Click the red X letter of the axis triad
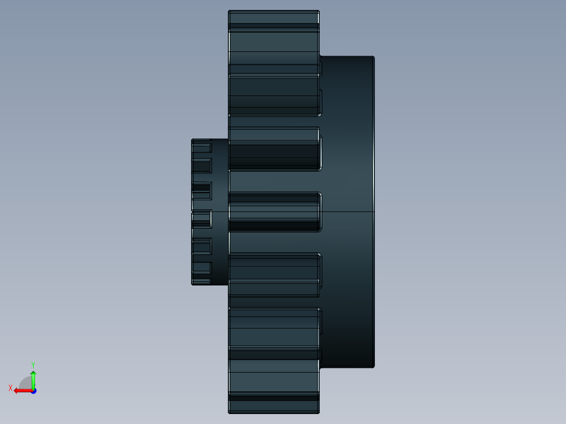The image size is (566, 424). click(x=11, y=388)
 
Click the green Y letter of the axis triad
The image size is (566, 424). click(x=33, y=364)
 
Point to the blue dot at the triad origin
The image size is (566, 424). click(x=33, y=391)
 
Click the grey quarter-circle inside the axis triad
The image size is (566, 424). click(x=25, y=383)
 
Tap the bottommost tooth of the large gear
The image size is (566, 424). click(x=274, y=404)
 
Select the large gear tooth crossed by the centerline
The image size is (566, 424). click(x=274, y=211)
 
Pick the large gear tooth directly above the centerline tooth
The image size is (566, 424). click(x=274, y=149)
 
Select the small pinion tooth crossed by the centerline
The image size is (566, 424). click(x=202, y=218)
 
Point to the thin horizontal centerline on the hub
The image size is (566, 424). click(x=347, y=211)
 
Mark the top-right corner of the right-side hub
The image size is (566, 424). click(x=374, y=57)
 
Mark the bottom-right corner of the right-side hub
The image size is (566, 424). click(x=374, y=366)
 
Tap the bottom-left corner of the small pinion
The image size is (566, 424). click(x=193, y=284)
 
